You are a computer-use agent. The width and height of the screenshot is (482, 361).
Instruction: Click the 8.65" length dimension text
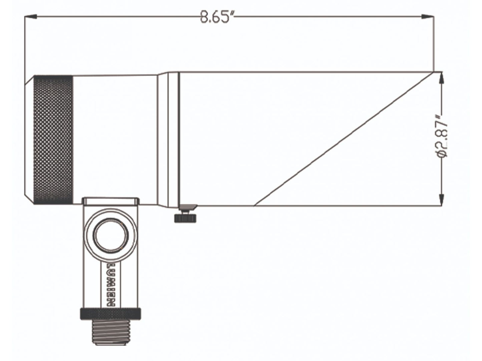click(217, 17)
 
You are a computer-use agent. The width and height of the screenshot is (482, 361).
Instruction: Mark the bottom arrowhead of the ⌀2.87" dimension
click(442, 200)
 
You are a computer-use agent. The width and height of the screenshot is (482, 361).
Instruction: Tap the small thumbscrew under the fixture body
click(185, 217)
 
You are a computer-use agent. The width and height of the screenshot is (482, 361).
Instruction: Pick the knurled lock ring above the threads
click(110, 314)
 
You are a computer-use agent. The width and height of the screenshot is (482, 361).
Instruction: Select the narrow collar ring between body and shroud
click(173, 140)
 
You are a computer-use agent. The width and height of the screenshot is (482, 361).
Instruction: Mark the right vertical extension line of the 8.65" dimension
click(434, 43)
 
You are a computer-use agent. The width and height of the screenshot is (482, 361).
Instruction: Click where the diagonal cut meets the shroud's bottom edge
click(255, 205)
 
